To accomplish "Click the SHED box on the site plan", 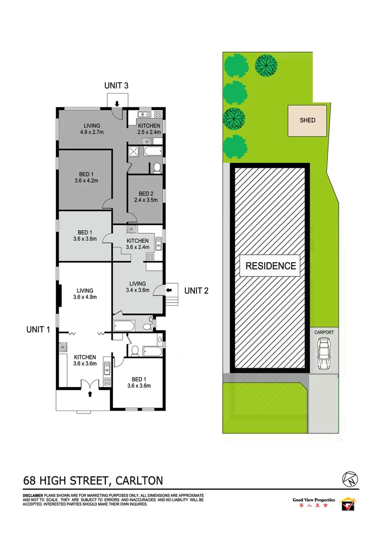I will (x=308, y=121).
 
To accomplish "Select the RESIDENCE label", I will (x=270, y=265).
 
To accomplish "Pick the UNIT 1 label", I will (x=38, y=329).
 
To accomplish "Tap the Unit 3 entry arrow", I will (x=117, y=104).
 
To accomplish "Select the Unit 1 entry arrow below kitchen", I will (x=90, y=393).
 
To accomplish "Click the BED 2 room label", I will (x=146, y=197).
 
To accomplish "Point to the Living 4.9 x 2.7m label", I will (x=92, y=129).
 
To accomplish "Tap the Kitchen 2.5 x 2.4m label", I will (x=149, y=129).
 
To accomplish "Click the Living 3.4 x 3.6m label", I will (x=137, y=287).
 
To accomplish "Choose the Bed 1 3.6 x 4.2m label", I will (x=85, y=176).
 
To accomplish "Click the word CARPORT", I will (x=324, y=333).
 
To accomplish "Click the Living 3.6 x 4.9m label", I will (x=85, y=294).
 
